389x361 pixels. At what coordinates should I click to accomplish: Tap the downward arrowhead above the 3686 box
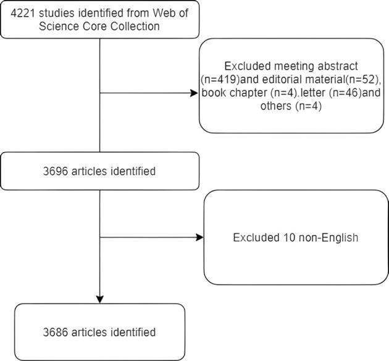pyautogui.click(x=99, y=299)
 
